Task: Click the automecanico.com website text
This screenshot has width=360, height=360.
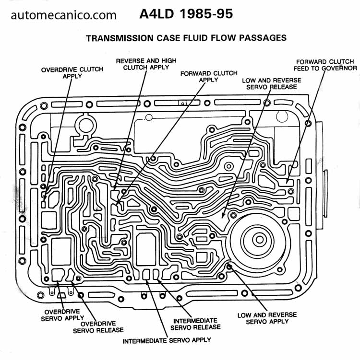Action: pyautogui.click(x=64, y=15)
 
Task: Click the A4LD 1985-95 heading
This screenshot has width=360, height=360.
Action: pyautogui.click(x=186, y=14)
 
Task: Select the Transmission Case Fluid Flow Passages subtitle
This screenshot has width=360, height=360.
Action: pyautogui.click(x=186, y=38)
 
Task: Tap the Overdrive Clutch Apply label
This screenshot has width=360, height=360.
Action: pyautogui.click(x=72, y=72)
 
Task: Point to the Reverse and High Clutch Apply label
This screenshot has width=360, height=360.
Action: pyautogui.click(x=146, y=64)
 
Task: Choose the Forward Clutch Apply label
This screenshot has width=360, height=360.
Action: pyautogui.click(x=208, y=76)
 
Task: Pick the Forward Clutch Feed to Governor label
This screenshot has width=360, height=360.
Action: pyautogui.click(x=325, y=65)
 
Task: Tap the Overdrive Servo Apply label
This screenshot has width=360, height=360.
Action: pyautogui.click(x=62, y=314)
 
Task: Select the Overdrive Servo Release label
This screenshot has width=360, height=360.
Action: pyautogui.click(x=98, y=326)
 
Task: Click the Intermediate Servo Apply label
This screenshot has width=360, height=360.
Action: pyautogui.click(x=167, y=341)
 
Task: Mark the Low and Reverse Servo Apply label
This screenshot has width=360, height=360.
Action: pyautogui.click(x=267, y=318)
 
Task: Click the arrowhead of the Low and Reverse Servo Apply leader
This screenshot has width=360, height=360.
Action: pyautogui.click(x=229, y=265)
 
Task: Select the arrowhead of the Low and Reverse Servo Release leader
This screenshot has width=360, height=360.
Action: pyautogui.click(x=223, y=219)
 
